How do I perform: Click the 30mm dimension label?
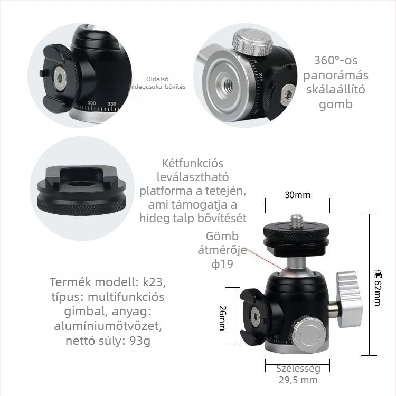coord(298,195)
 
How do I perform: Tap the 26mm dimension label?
coord(222,317)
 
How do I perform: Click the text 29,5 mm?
coord(298,380)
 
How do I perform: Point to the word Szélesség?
coord(298,369)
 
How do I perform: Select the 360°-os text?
coord(336,60)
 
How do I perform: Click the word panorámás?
coord(336,74)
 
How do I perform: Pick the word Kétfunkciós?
coord(194,163)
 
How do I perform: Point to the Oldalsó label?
coord(157,79)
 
